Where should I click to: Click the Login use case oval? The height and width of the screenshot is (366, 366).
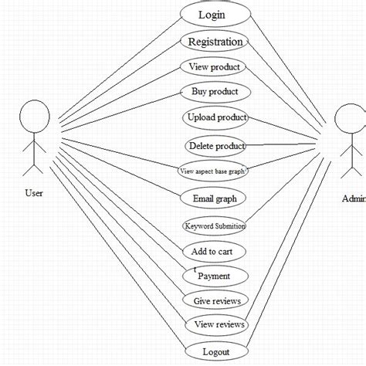[215, 15]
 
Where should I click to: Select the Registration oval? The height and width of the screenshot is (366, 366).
[215, 42]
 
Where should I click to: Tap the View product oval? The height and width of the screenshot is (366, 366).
[215, 67]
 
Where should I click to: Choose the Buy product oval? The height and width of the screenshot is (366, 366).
[215, 92]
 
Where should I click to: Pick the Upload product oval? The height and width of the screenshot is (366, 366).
[217, 118]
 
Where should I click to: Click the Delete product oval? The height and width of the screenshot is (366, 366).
[216, 145]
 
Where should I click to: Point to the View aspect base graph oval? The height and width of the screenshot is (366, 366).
[212, 171]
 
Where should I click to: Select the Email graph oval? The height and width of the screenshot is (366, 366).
[215, 198]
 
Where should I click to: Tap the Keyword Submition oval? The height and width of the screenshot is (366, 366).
[215, 226]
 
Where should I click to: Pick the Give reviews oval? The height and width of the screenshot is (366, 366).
[215, 300]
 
